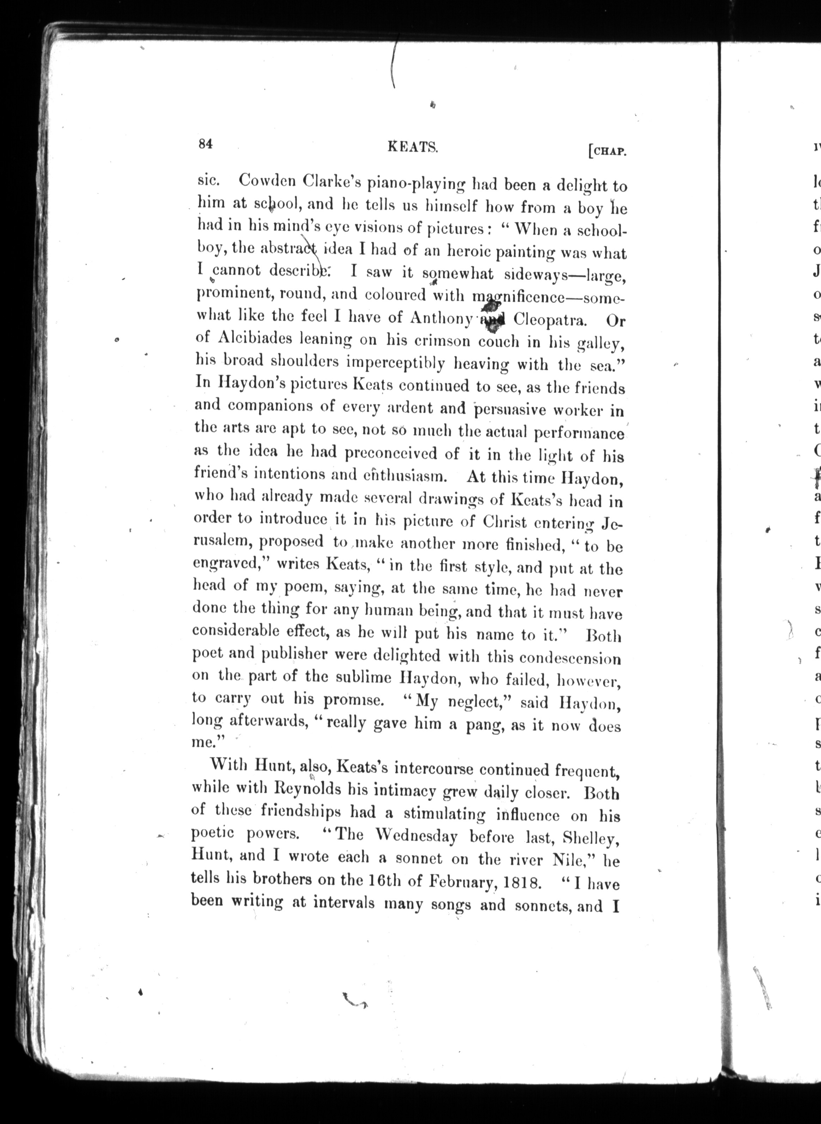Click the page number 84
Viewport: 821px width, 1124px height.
point(206,144)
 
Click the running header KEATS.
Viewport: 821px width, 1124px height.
point(413,147)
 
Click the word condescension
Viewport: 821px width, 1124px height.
point(570,658)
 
